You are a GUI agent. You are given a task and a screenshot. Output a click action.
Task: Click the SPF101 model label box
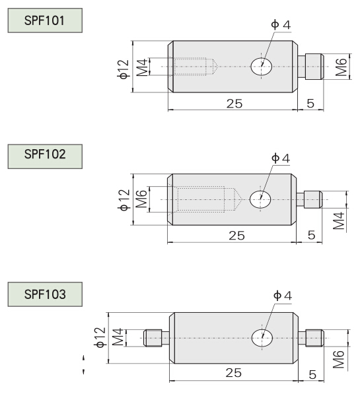pyautogui.click(x=45, y=20)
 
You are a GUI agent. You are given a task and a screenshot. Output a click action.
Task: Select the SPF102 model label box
pyautogui.click(x=45, y=156)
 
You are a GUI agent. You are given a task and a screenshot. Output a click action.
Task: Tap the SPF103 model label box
pyautogui.click(x=45, y=294)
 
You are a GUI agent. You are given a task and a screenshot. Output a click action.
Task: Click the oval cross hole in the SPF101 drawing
pyautogui.click(x=261, y=67)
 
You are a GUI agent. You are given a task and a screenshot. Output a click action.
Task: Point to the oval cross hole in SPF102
pyautogui.click(x=260, y=199)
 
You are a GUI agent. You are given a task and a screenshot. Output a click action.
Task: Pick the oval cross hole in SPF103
pyautogui.click(x=262, y=338)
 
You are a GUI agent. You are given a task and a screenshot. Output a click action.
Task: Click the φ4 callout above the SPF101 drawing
pyautogui.click(x=281, y=25)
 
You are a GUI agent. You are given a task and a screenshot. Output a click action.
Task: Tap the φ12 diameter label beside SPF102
pyautogui.click(x=124, y=200)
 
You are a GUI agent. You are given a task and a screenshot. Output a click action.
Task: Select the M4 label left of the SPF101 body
pyautogui.click(x=142, y=67)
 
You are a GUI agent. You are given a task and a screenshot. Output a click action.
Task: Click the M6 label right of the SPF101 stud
pyautogui.click(x=341, y=67)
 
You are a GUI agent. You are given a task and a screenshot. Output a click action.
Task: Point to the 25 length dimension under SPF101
pyautogui.click(x=234, y=104)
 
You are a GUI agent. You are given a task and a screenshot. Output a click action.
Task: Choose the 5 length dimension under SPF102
pyautogui.click(x=312, y=235)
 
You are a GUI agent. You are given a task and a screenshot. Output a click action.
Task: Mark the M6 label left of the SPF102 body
pyautogui.click(x=142, y=199)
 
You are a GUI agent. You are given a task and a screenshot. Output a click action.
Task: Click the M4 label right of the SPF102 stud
pyautogui.click(x=339, y=220)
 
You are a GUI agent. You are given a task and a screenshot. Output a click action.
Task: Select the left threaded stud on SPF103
pyautogui.click(x=157, y=338)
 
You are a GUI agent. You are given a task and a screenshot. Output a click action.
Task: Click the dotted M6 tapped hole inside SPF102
pyautogui.click(x=205, y=199)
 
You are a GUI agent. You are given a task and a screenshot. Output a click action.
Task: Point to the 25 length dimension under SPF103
pyautogui.click(x=234, y=372)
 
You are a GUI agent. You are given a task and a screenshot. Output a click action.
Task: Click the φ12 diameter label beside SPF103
pyautogui.click(x=100, y=337)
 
